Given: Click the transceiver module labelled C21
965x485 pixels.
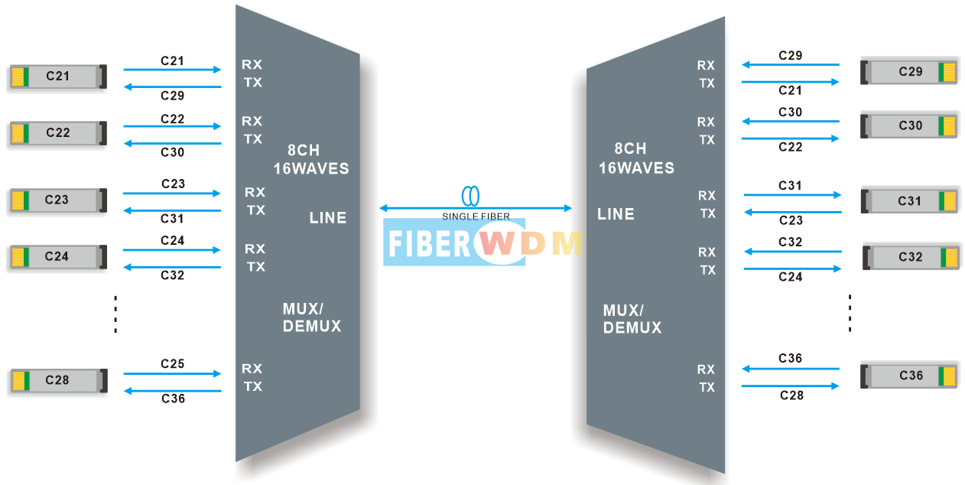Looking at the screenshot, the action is tap(58, 76).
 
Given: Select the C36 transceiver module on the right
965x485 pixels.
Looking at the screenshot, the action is tap(909, 376).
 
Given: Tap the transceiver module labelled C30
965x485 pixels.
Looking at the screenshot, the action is tap(909, 125).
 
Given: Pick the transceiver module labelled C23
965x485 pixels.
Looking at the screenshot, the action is tap(58, 200).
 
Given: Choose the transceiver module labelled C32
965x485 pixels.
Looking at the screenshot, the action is tap(911, 257).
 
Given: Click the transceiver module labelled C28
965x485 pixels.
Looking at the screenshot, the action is tap(58, 380).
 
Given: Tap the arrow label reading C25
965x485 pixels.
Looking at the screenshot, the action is tap(173, 364).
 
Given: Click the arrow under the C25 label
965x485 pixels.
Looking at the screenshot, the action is tap(172, 373).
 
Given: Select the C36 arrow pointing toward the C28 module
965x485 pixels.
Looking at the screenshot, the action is tap(172, 391).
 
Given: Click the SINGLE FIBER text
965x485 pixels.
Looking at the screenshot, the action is tap(476, 216).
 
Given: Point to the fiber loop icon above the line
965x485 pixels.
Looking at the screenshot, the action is tap(470, 196).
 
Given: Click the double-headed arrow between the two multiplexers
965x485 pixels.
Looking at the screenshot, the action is tap(476, 208).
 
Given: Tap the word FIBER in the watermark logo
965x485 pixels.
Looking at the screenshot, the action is tap(429, 243).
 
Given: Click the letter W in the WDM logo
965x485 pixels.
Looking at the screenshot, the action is tap(497, 243).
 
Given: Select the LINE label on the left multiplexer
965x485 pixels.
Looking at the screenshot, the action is tap(328, 218).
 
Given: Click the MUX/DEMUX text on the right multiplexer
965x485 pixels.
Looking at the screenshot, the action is tap(632, 319).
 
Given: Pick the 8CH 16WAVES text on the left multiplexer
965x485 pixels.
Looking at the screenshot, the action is tap(311, 159).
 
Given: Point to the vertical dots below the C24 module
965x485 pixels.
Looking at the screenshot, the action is tap(115, 314).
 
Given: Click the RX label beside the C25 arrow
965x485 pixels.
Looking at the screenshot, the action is tap(252, 369).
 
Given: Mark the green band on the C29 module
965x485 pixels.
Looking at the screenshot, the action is tap(941, 72).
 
